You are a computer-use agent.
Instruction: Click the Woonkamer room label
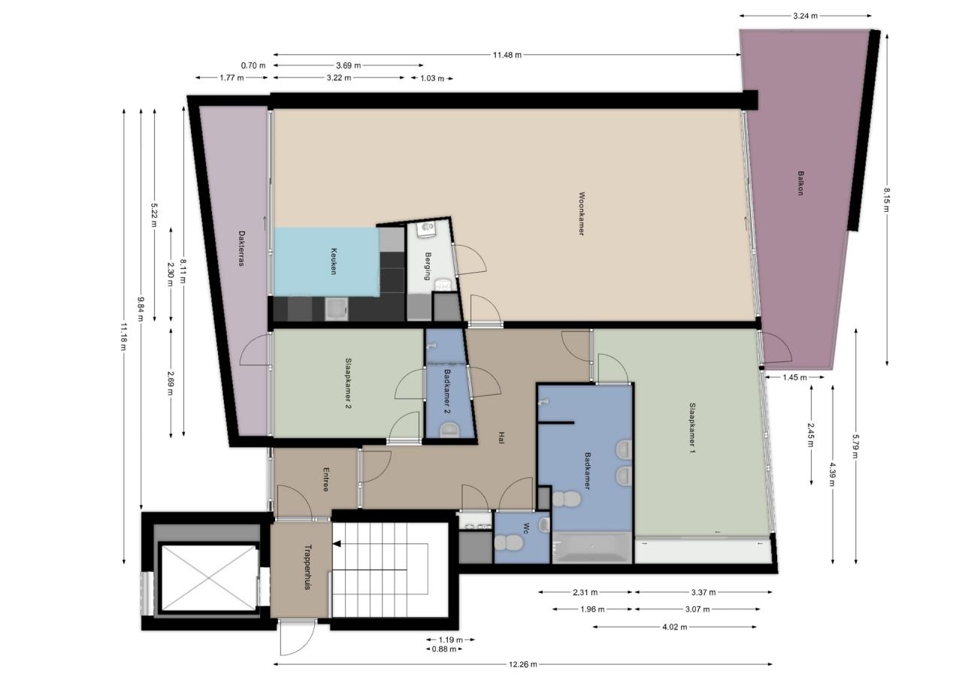(x=582, y=214)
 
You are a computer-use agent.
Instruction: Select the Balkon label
(x=800, y=183)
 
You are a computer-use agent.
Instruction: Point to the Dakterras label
(x=241, y=249)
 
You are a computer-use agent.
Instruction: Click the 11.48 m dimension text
(x=507, y=55)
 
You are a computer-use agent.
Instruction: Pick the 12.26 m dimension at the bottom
(x=523, y=664)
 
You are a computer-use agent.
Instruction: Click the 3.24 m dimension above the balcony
(x=805, y=16)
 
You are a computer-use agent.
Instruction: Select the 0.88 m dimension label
(x=444, y=649)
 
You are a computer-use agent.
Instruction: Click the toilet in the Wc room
(x=509, y=543)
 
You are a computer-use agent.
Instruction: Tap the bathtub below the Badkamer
(x=591, y=547)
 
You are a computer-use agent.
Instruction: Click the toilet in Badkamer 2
(x=449, y=430)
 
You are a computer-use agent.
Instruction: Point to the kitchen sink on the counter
(x=336, y=310)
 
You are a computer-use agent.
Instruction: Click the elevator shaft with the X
(x=209, y=577)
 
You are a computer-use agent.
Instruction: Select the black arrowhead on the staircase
(x=337, y=544)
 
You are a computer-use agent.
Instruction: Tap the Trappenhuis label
(x=307, y=567)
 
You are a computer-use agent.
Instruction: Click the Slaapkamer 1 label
(x=692, y=428)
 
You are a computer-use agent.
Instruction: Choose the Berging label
(x=428, y=266)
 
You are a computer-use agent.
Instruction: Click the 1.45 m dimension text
(x=794, y=377)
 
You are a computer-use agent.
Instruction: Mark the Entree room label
(x=326, y=479)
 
